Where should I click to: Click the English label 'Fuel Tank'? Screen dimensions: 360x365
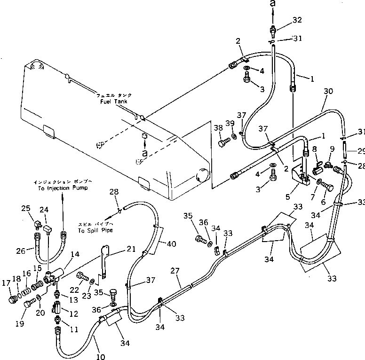(x=115, y=101)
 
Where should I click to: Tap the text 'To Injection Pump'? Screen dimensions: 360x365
(x=62, y=188)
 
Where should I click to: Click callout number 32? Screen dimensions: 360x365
(x=297, y=20)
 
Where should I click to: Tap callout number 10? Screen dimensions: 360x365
(x=100, y=357)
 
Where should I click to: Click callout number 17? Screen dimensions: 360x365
(x=7, y=282)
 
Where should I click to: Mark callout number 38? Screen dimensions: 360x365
(x=218, y=127)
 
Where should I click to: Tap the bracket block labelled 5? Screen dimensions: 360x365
(x=300, y=176)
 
